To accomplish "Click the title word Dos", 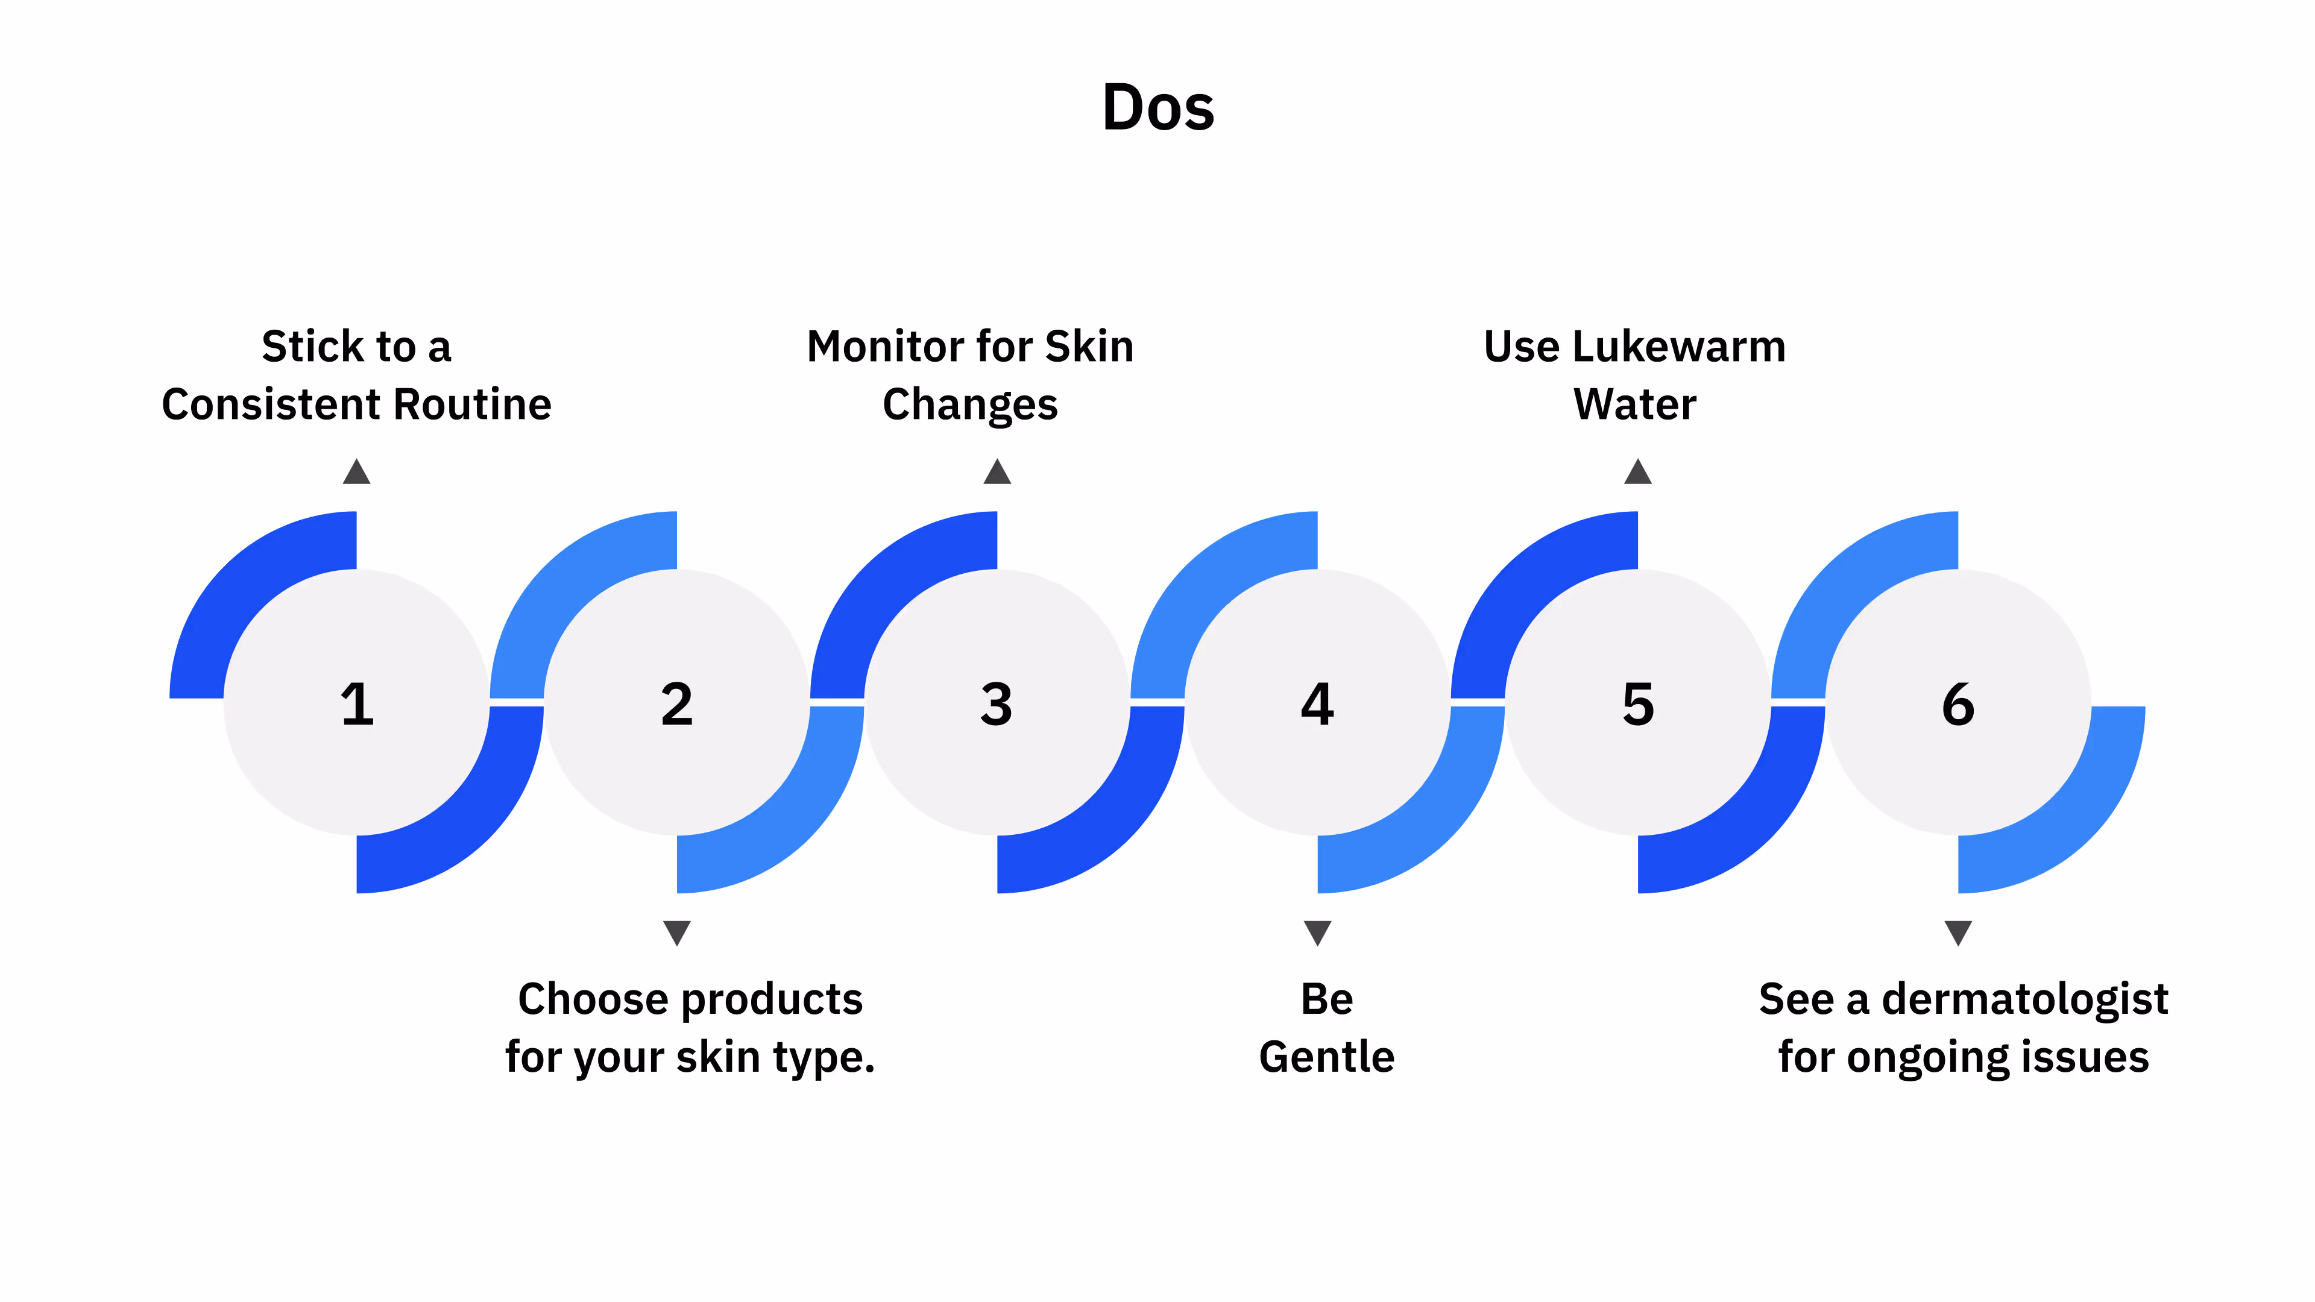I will (1157, 108).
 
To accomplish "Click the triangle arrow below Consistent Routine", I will (357, 472).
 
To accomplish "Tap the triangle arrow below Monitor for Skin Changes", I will (997, 472).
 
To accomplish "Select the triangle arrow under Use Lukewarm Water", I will (1637, 472).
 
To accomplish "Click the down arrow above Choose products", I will (676, 932).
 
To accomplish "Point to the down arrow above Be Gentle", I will (1317, 932).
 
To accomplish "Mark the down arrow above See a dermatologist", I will (1958, 932).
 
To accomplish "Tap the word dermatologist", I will (2025, 1000).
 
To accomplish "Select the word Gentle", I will (1326, 1057).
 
